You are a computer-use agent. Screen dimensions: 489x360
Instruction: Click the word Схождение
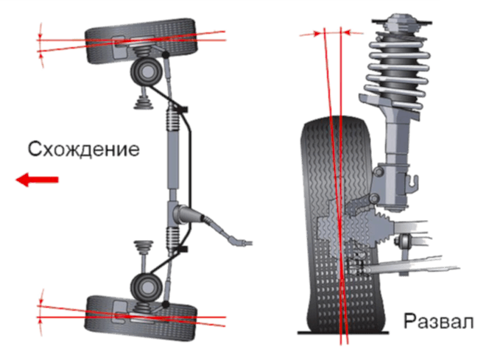[83, 149]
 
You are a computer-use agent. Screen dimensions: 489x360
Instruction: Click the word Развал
[438, 321]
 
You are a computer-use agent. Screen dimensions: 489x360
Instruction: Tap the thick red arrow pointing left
[37, 180]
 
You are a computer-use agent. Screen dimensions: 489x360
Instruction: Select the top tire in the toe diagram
[141, 40]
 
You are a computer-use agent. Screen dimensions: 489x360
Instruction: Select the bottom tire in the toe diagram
[141, 317]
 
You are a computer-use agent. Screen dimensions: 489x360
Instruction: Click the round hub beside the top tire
[147, 72]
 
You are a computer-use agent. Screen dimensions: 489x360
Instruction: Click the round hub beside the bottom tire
[147, 287]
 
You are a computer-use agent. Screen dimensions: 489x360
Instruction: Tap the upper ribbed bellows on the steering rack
[173, 118]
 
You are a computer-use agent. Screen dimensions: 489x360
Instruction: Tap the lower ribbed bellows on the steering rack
[173, 239]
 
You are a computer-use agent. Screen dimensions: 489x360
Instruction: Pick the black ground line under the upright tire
[343, 333]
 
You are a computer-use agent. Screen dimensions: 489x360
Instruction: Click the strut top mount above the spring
[401, 22]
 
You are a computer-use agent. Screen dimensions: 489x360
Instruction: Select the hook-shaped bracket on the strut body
[413, 183]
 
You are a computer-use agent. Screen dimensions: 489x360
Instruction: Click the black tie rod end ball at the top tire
[166, 55]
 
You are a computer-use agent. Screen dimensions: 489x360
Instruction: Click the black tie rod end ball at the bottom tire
[166, 304]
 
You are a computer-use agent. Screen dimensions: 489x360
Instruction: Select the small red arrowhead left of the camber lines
[317, 33]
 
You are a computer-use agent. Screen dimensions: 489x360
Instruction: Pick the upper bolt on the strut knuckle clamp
[378, 172]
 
